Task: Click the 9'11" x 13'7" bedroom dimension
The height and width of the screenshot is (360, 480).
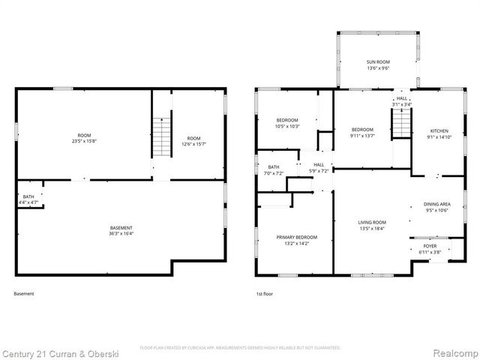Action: tap(361, 136)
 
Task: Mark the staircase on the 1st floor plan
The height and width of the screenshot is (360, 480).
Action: tap(403, 122)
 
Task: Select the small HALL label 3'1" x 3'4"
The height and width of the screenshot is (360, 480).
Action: tap(402, 101)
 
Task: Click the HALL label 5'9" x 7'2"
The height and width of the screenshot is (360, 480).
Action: tap(319, 167)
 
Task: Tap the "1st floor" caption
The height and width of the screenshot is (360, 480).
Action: tap(264, 294)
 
